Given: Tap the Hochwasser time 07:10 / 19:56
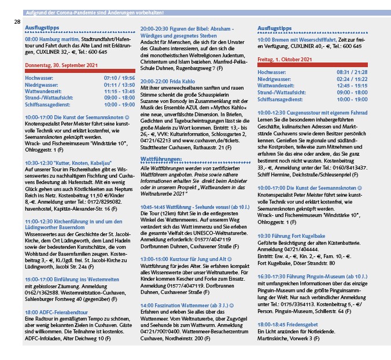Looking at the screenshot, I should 119,78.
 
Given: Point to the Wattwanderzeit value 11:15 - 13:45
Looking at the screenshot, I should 120,91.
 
